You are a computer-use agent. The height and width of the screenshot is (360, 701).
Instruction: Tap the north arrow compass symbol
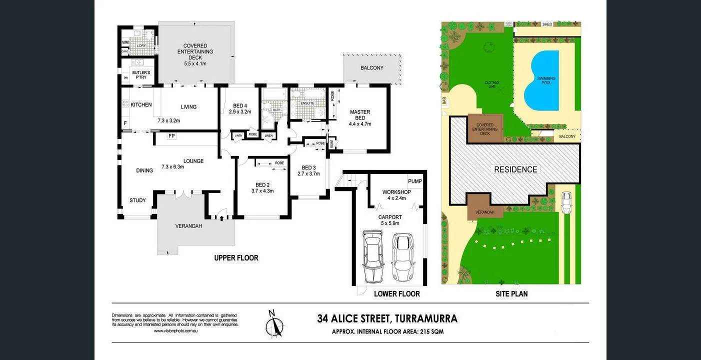(x=273, y=324)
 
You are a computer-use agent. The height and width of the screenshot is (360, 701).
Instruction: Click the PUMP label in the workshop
(x=414, y=181)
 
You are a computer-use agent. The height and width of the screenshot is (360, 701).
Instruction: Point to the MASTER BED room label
(x=360, y=114)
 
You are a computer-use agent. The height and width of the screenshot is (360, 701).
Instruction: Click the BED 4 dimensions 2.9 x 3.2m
(x=240, y=112)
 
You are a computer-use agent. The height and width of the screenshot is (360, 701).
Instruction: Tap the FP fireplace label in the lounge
(x=171, y=136)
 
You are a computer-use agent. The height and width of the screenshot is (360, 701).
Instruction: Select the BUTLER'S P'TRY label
(x=141, y=75)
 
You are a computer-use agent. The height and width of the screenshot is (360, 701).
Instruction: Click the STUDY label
(x=137, y=200)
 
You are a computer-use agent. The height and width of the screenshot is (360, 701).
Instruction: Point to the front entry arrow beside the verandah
(x=220, y=216)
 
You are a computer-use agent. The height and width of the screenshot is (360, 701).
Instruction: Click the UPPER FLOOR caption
(x=236, y=258)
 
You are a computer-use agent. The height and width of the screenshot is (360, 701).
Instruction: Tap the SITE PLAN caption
(x=512, y=293)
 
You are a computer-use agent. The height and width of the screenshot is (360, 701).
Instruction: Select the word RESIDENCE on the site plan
(x=515, y=169)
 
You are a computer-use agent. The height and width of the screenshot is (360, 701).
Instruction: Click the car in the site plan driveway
(x=566, y=202)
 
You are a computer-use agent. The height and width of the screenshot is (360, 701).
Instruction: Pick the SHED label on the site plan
(x=547, y=24)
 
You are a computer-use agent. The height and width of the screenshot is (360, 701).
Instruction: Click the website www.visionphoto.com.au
(x=174, y=330)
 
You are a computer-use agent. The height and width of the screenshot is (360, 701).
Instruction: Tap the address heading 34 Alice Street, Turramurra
(x=387, y=318)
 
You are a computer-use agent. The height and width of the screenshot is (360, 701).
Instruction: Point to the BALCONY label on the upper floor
(x=371, y=67)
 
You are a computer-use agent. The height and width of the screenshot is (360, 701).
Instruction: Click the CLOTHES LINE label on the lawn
(x=491, y=84)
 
